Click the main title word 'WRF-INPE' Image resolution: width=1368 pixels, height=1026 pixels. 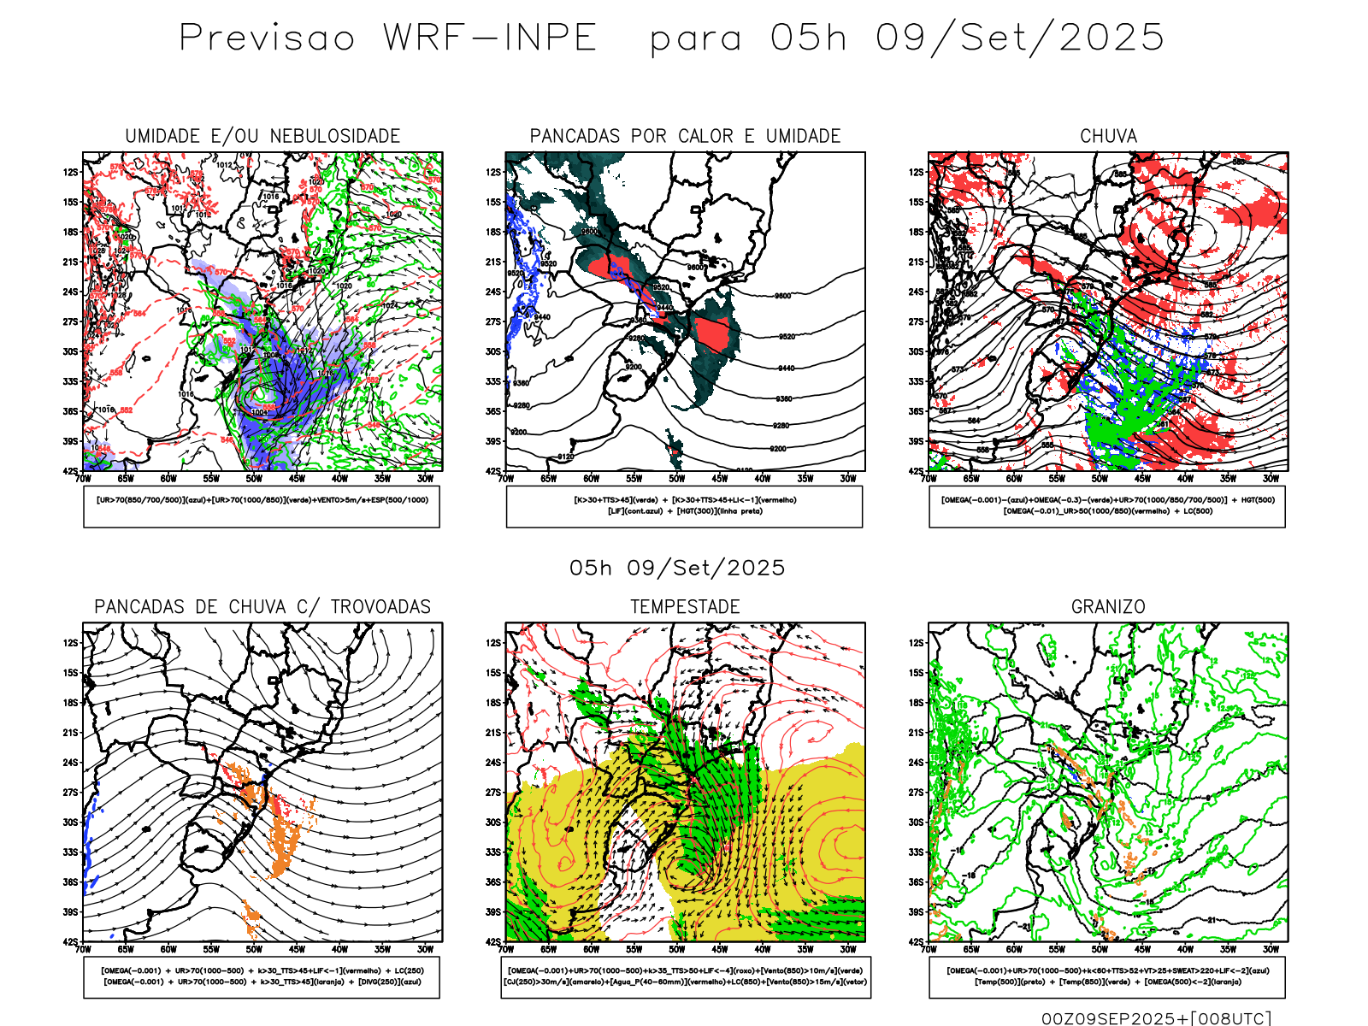[489, 38]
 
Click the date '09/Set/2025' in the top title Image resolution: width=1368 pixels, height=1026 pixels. [1019, 38]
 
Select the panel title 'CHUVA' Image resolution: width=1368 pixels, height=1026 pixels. [1108, 136]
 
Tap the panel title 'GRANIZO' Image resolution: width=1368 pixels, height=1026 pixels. [1108, 607]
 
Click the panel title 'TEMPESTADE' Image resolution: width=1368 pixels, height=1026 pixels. [685, 607]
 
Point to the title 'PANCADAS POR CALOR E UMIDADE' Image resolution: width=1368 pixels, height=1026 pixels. [685, 136]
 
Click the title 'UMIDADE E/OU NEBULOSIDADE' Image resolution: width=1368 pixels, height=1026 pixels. [262, 136]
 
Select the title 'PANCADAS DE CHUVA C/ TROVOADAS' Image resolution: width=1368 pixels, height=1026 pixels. [262, 607]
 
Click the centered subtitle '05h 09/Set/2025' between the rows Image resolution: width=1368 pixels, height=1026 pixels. [677, 568]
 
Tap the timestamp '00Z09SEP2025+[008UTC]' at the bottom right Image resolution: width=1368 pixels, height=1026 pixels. [1156, 1018]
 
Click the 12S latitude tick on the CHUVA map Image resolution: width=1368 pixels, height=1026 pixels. [917, 172]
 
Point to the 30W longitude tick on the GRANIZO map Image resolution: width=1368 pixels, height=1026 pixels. [1271, 949]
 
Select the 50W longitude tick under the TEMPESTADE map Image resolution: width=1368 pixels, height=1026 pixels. [676, 949]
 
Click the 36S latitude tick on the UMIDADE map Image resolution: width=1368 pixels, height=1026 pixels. [70, 411]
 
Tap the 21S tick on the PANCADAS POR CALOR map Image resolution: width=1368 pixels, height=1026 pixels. [493, 262]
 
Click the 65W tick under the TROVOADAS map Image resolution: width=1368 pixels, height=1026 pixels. [126, 949]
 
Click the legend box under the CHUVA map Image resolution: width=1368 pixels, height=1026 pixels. [1107, 506]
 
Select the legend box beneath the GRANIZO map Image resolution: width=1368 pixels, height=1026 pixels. [1107, 976]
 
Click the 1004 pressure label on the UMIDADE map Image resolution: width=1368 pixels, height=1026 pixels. [260, 413]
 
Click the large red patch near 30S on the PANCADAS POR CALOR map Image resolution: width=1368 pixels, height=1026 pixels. [715, 334]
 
